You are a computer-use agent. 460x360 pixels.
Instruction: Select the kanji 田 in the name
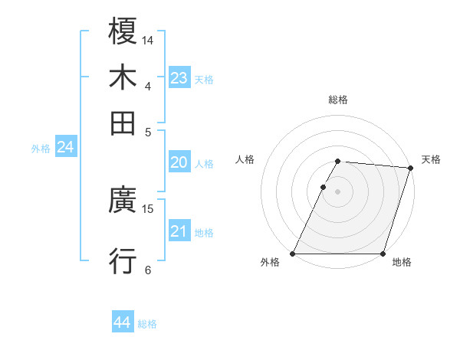coord(123,122)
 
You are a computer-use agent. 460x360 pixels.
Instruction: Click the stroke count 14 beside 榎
coord(148,40)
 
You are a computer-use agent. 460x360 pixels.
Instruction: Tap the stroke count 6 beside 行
coord(148,270)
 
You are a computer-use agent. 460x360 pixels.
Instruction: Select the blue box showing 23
coord(179,78)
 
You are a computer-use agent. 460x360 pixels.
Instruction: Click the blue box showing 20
coord(179,162)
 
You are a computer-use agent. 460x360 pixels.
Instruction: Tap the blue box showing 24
coord(65,147)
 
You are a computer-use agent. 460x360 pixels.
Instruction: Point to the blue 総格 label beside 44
coord(147,324)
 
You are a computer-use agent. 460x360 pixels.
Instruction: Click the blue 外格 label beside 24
coord(41,149)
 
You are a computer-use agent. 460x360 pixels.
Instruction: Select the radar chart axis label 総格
coord(337,100)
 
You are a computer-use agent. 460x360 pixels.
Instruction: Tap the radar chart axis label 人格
coord(245,159)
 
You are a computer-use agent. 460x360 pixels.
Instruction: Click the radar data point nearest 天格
coord(411,168)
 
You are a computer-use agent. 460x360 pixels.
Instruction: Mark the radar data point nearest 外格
coord(293,254)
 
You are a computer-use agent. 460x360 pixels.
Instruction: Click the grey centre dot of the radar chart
coord(337,191)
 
